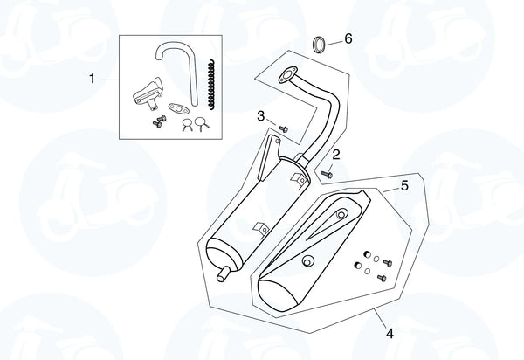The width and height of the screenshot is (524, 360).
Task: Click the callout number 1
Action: pos(92,80)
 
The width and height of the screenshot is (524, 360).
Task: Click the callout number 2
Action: pos(335,156)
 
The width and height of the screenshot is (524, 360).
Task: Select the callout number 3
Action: pos(260,115)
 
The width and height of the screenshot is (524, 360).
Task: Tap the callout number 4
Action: pos(390,333)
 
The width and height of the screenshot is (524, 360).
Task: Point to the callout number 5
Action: pos(404,185)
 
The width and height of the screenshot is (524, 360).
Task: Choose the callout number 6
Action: pos(348,39)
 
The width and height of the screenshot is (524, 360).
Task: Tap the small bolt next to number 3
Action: pos(282,128)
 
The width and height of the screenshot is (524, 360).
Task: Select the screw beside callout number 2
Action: pos(327,173)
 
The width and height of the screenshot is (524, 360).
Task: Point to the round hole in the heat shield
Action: pos(307,261)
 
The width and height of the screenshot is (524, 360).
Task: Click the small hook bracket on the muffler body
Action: pos(258,229)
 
